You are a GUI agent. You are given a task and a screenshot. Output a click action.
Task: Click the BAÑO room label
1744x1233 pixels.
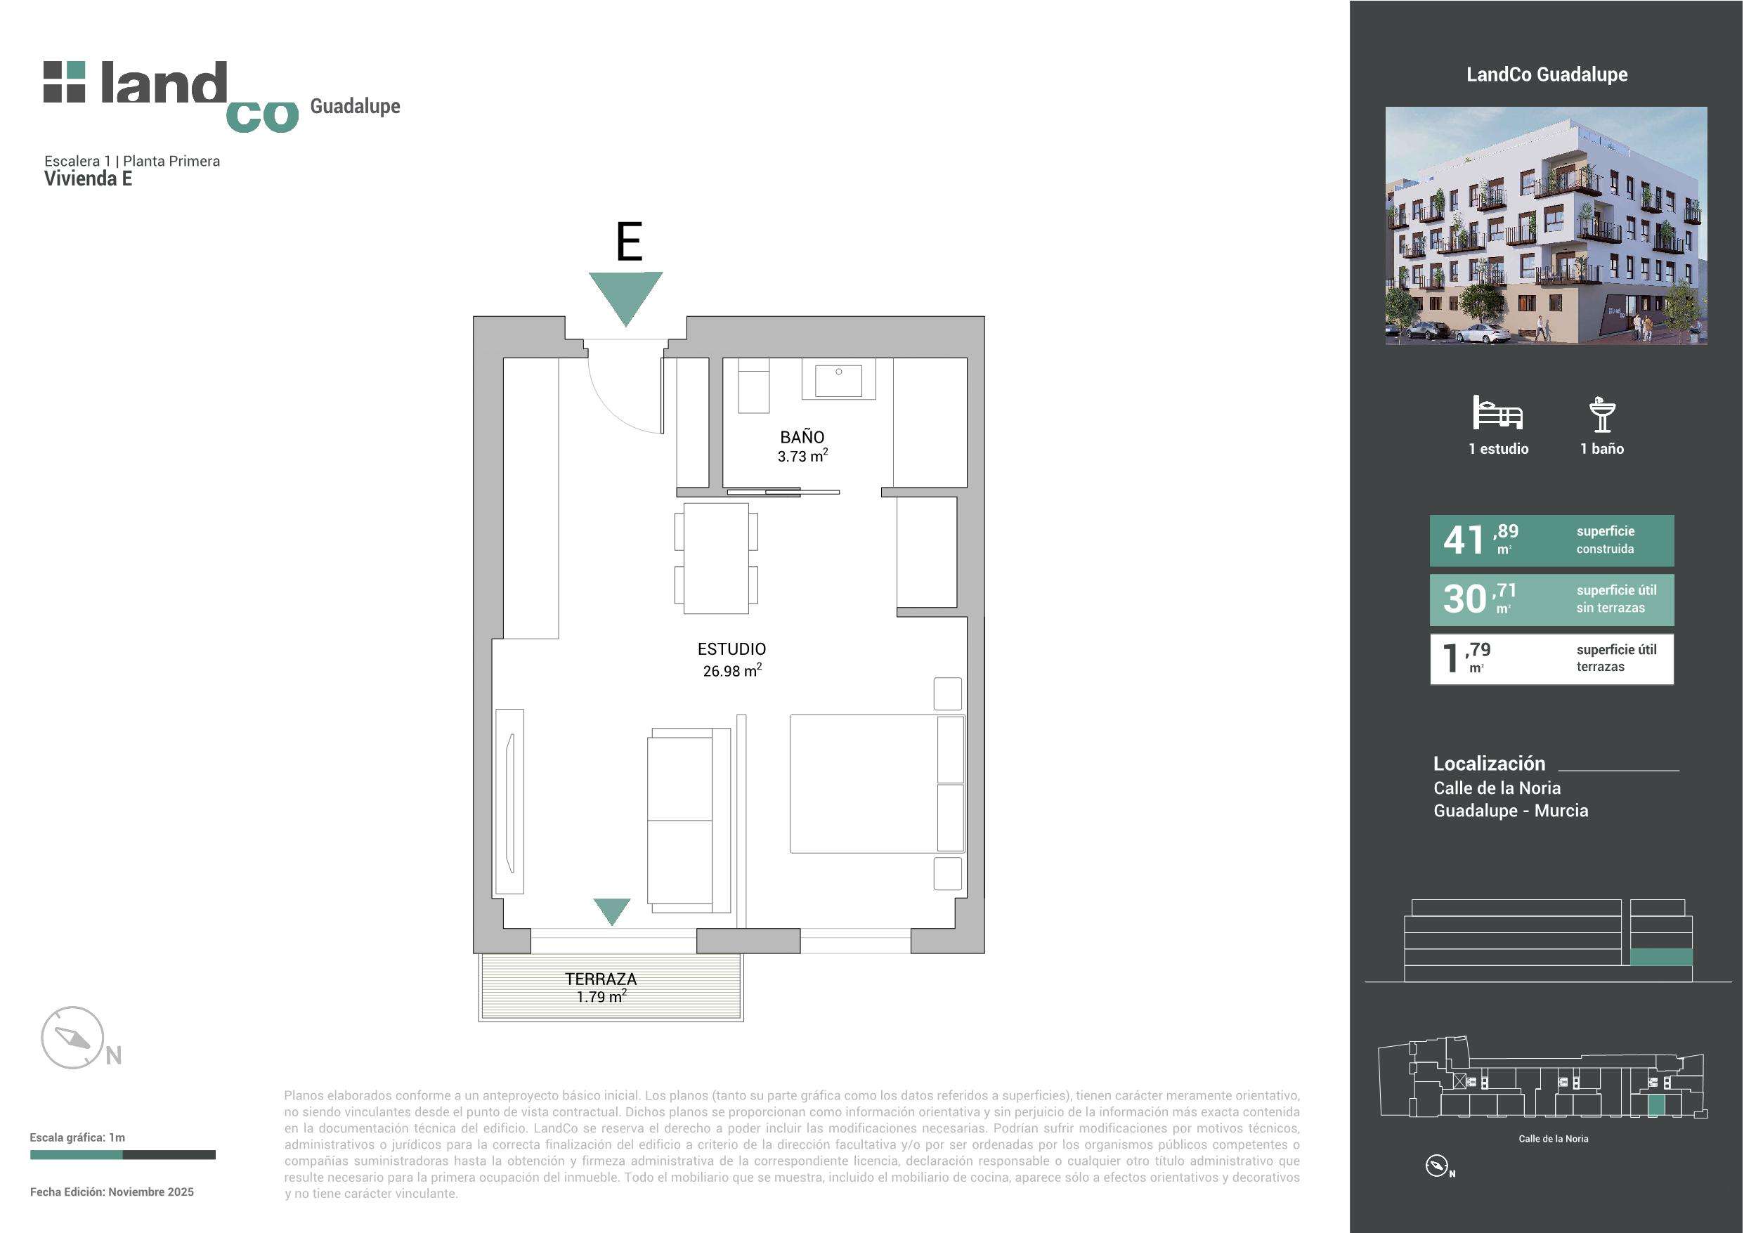click(x=802, y=437)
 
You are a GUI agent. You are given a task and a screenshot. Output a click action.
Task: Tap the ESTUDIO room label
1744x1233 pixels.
click(x=731, y=648)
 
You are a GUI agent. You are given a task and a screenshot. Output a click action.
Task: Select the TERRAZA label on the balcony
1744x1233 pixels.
click(x=601, y=979)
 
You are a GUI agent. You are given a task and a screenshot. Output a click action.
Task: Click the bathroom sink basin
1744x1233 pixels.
click(x=838, y=380)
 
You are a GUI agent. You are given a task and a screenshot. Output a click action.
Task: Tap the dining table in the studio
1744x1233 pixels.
click(x=715, y=559)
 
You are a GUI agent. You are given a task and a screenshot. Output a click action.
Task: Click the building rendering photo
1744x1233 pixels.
click(x=1547, y=226)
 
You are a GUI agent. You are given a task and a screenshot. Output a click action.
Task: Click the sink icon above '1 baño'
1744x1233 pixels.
click(x=1602, y=414)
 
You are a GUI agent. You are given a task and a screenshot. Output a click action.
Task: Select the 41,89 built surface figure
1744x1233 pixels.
click(x=1481, y=540)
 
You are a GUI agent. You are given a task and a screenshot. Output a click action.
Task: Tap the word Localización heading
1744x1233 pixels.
click(x=1489, y=764)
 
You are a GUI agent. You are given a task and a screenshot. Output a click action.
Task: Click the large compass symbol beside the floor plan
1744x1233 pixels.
click(x=72, y=1038)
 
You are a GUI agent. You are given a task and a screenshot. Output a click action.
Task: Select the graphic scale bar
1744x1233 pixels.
click(x=122, y=1155)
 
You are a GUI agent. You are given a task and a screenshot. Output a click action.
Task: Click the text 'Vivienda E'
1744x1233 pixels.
click(x=88, y=178)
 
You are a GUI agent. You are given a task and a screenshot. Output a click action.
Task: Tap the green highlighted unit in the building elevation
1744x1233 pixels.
click(x=1661, y=957)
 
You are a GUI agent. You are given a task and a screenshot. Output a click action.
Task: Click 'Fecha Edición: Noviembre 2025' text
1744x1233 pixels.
click(x=112, y=1192)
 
